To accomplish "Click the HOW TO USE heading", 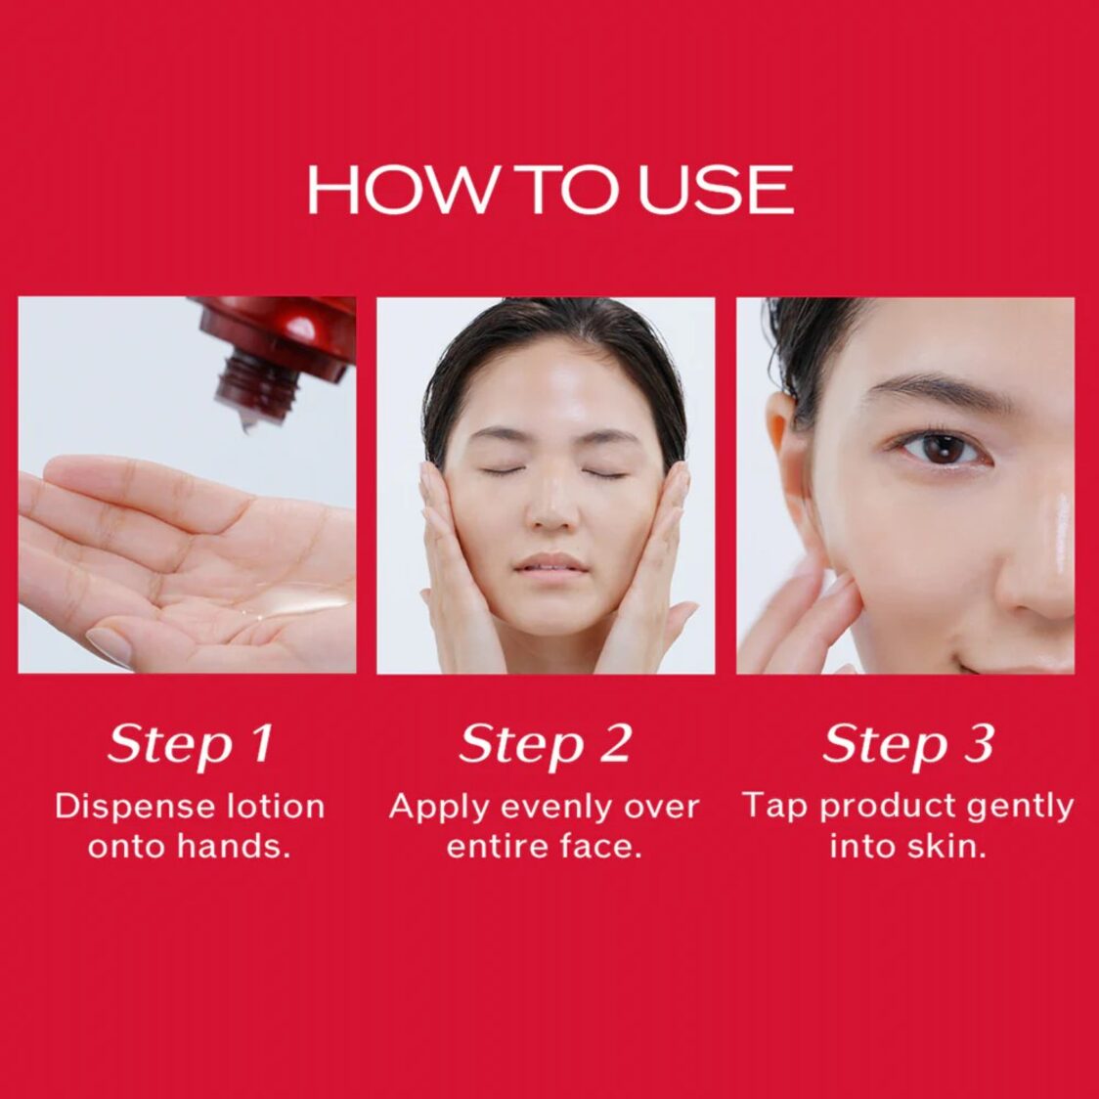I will click(549, 190).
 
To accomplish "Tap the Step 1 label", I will click(190, 745).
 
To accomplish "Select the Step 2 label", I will click(546, 745).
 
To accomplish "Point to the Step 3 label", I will click(908, 745).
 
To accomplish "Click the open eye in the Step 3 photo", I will click(938, 449).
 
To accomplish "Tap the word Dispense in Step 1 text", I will click(121, 807).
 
